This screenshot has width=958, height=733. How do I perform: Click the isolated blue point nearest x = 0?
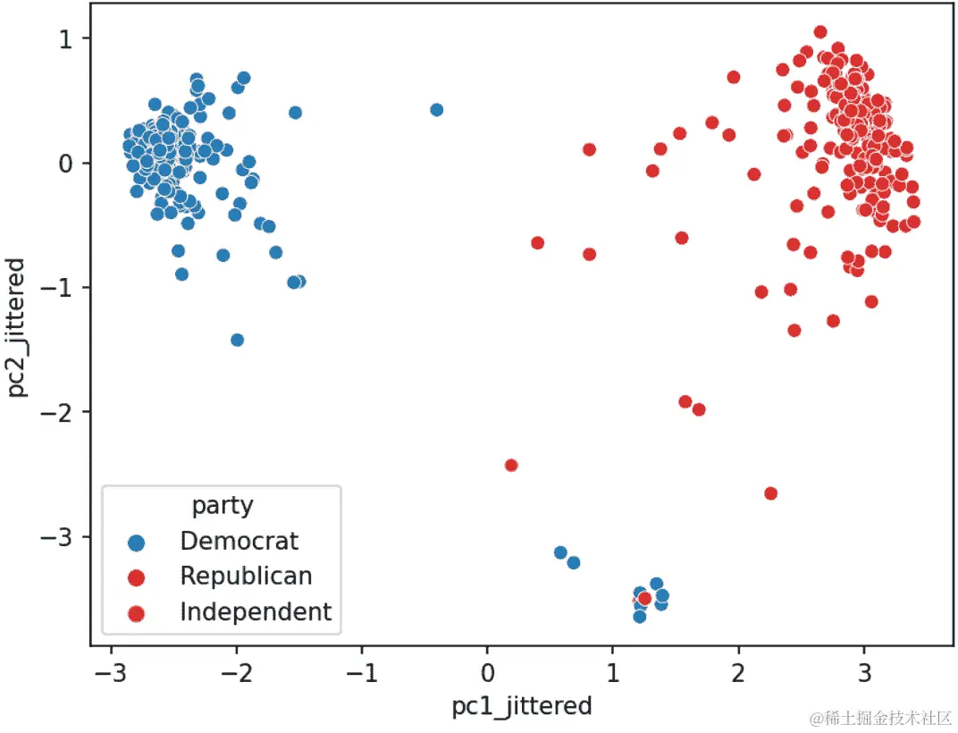click(x=436, y=110)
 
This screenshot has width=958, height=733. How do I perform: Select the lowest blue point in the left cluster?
click(x=237, y=340)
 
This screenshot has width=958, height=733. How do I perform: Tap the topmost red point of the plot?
click(x=820, y=32)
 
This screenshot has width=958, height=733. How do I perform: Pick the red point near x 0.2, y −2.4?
click(x=511, y=465)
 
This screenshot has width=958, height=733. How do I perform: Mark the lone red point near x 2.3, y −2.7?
click(x=770, y=493)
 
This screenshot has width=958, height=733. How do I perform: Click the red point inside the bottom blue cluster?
click(x=644, y=598)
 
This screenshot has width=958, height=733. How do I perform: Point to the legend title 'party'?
click(x=223, y=506)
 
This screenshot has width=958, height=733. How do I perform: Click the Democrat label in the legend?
click(x=239, y=541)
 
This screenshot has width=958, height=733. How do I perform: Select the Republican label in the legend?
click(x=246, y=577)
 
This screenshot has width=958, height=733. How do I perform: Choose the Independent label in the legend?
click(x=256, y=612)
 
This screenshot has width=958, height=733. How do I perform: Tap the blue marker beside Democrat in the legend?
click(x=136, y=542)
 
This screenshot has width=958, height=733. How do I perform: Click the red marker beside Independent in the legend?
click(x=136, y=613)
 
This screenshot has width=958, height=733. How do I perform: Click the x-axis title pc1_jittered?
click(x=522, y=706)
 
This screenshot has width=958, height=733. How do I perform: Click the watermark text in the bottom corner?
click(x=880, y=718)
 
